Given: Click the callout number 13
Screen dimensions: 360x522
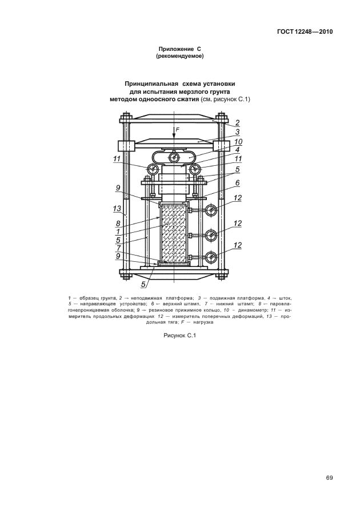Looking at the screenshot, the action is tap(117, 209).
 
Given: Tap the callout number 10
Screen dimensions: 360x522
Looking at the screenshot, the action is tap(238, 142).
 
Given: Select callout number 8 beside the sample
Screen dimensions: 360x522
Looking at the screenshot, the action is tap(118, 224).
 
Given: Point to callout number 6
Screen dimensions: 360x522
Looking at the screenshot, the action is tap(237, 183).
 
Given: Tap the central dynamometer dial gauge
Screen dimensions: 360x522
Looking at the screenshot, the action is tap(174, 157).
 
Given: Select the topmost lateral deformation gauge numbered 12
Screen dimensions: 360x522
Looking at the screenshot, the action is tap(211, 211).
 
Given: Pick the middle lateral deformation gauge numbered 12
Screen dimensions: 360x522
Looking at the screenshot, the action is tap(211, 235).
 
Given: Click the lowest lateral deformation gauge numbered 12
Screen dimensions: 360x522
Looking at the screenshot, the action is tap(211, 257).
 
